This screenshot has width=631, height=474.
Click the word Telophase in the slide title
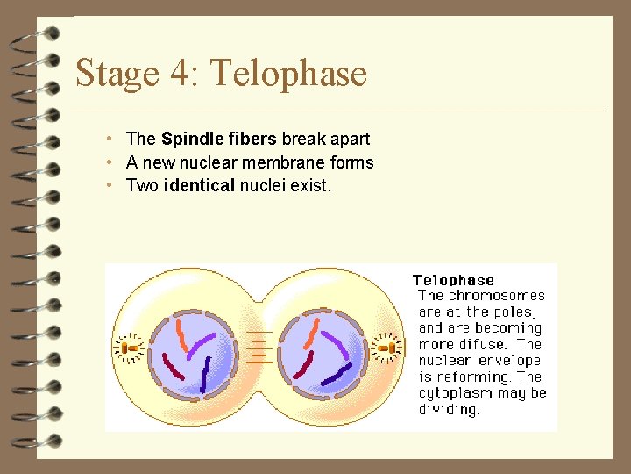(x=289, y=73)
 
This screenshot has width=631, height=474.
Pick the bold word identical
(x=198, y=185)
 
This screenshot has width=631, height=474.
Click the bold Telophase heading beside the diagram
(x=453, y=280)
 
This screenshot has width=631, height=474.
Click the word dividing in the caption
(x=449, y=409)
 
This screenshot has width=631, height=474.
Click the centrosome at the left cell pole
(x=131, y=348)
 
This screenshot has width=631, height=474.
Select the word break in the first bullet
(x=301, y=139)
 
